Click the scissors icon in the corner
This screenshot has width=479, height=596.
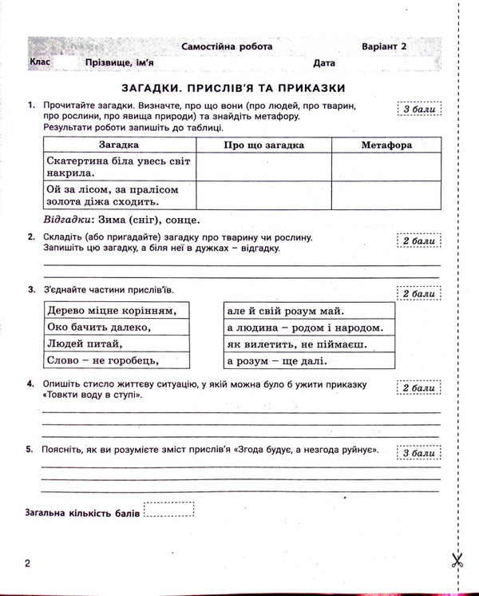457,561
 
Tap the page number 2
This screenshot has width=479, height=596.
28,564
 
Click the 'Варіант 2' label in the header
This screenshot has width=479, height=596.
383,47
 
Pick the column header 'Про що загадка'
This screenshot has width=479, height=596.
263,145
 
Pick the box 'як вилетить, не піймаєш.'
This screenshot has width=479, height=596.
309,344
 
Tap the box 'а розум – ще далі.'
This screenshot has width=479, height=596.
309,361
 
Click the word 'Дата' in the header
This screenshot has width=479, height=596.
324,62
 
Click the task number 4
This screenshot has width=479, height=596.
30,384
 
